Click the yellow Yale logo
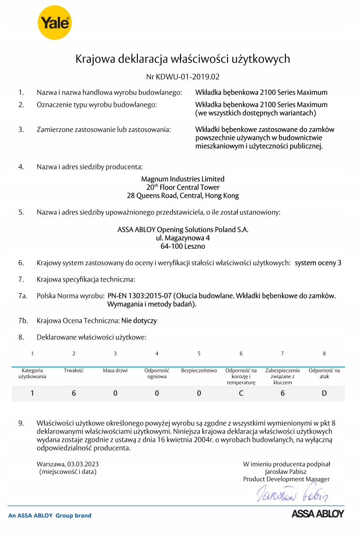pos(54,22)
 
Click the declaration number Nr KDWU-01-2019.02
pos(183,77)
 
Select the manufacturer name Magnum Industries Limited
pos(183,179)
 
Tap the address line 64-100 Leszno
pos(183,247)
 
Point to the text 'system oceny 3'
pos(318,263)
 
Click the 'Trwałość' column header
pos(74,371)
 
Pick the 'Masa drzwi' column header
pos(115,371)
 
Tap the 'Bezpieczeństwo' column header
pos(199,371)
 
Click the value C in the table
pos(241,393)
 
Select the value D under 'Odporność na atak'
pos(324,393)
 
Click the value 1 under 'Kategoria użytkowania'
pos(32,393)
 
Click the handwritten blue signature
pos(293,495)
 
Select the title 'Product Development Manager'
pos(286,479)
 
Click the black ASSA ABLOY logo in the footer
pos(317,514)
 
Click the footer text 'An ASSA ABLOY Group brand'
pos(50,516)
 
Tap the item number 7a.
pos(22,296)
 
